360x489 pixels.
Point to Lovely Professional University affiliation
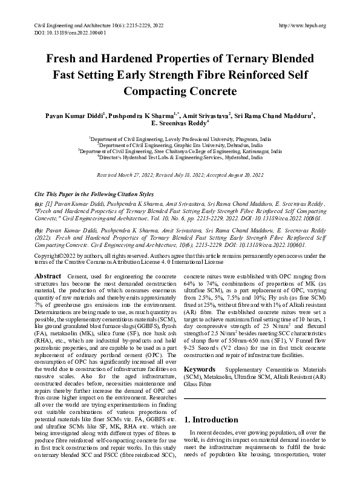coord(180,139)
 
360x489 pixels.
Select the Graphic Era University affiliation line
coord(180,145)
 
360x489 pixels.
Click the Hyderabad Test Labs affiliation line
coord(180,157)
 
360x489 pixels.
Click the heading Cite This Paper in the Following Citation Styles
coord(94,194)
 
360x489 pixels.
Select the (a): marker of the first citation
coord(39,205)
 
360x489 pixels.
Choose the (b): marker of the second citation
coord(39,231)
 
